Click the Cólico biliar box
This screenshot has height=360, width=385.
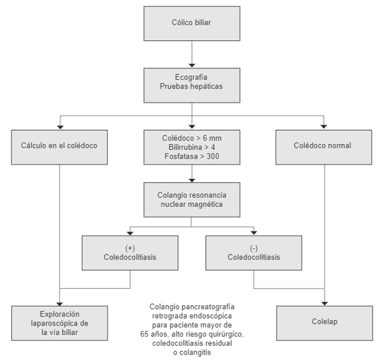pos(192,23)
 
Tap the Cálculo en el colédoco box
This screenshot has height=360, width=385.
pos(60,146)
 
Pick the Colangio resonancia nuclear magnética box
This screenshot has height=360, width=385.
pos(192,200)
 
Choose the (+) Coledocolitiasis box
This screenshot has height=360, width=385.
pos(130,253)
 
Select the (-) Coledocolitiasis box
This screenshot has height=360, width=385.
pos(253,253)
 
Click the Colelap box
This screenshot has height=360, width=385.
pos(324,322)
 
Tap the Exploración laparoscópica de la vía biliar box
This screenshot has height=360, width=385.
pos(60,322)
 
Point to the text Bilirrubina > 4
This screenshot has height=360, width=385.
pos(192,147)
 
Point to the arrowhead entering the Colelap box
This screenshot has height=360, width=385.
pos(324,303)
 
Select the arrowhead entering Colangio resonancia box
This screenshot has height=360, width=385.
pos(192,179)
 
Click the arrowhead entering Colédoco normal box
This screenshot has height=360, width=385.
pos(324,126)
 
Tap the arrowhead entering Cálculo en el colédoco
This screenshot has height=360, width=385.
pos(60,126)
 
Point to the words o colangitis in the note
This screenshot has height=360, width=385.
pos(192,352)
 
